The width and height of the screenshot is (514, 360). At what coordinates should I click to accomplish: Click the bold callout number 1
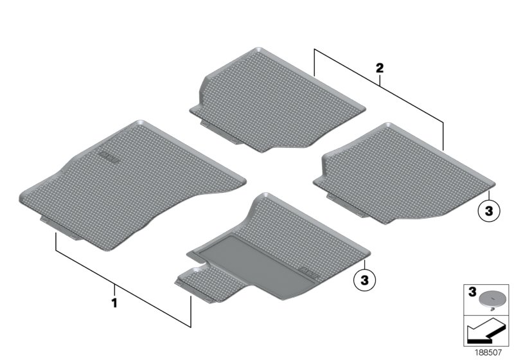point(115,301)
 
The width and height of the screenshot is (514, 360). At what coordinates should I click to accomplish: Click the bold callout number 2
point(380,67)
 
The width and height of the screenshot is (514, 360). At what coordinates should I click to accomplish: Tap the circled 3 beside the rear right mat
point(488,210)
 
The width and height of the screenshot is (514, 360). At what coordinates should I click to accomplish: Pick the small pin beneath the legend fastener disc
point(491,307)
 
